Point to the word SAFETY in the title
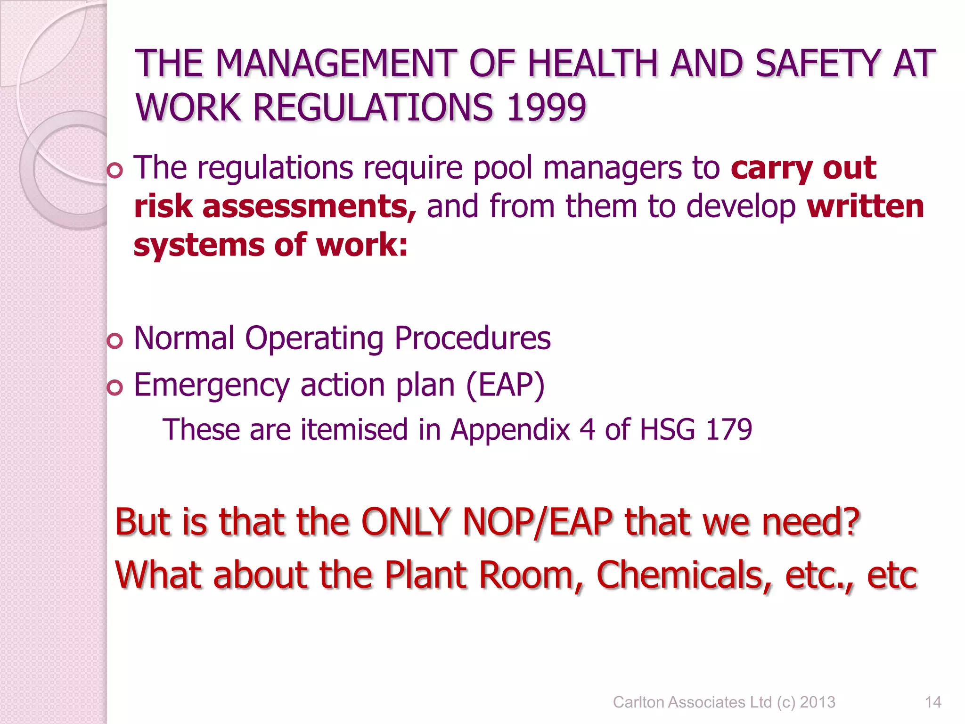click(818, 64)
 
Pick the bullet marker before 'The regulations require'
click(114, 171)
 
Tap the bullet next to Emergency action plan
click(114, 387)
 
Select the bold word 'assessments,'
click(310, 207)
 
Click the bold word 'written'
click(865, 206)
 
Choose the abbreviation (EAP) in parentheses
click(505, 385)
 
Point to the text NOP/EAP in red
click(538, 522)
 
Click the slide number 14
click(933, 702)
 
